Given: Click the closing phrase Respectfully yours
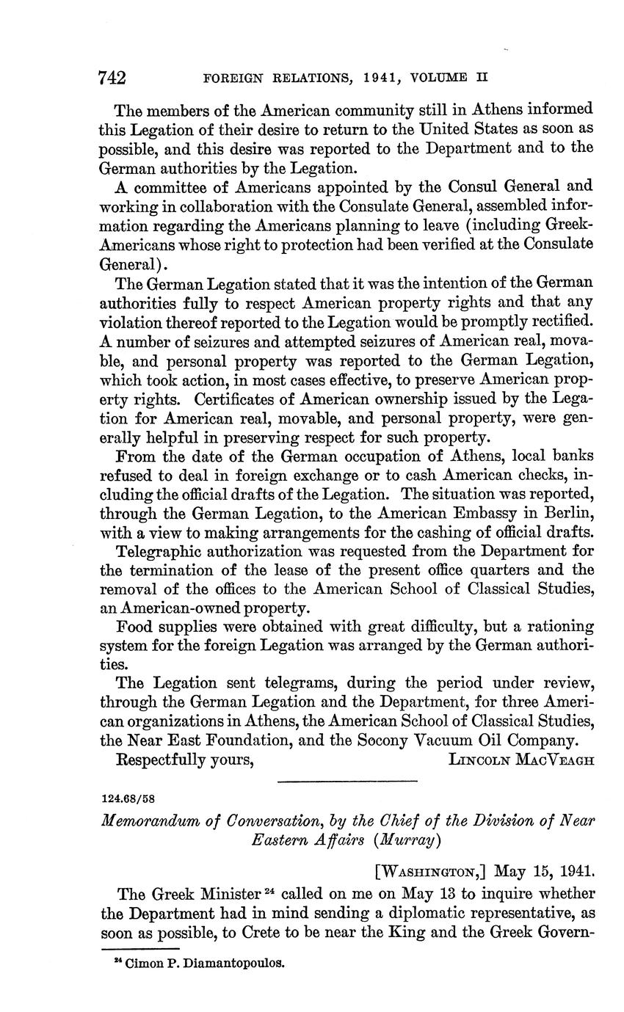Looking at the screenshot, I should [x=185, y=759].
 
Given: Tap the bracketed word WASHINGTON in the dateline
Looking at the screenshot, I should [x=431, y=872].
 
